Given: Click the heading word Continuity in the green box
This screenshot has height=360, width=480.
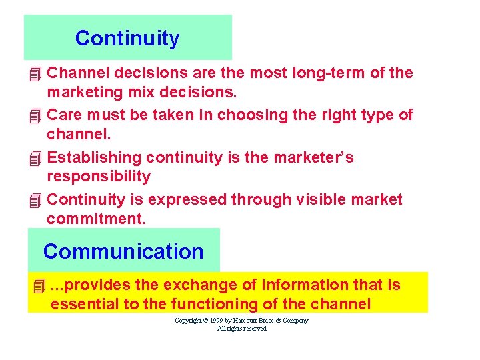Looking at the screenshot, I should coord(127,39).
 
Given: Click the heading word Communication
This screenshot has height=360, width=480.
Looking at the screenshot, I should coord(123,251).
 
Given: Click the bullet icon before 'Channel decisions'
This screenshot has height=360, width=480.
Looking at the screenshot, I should coord(36,73).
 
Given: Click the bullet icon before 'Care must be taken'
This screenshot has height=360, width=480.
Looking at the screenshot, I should coord(36,115).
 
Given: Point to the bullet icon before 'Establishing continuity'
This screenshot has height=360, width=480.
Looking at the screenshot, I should coord(36,158).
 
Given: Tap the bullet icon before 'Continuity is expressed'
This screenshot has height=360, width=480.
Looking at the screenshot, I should coord(36,200).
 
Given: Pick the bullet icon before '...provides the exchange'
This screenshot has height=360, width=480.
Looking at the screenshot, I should coord(39,286).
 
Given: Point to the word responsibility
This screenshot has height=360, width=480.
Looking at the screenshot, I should coord(99,176).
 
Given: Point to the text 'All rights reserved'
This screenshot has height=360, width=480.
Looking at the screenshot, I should coord(242,329).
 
